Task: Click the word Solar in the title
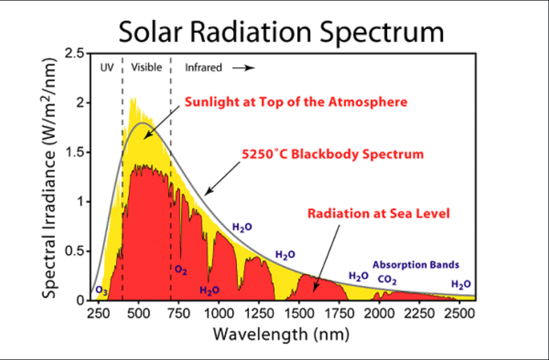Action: [x=153, y=32]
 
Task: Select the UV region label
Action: [x=107, y=68]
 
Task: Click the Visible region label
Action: [x=147, y=68]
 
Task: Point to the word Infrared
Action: [x=203, y=68]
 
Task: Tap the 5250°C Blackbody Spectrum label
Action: [x=332, y=154]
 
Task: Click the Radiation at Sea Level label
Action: [x=379, y=214]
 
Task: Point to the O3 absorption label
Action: [x=102, y=292]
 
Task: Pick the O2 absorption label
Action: [x=181, y=269]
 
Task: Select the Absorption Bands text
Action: [x=416, y=265]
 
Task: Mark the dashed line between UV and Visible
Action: [x=123, y=183]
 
